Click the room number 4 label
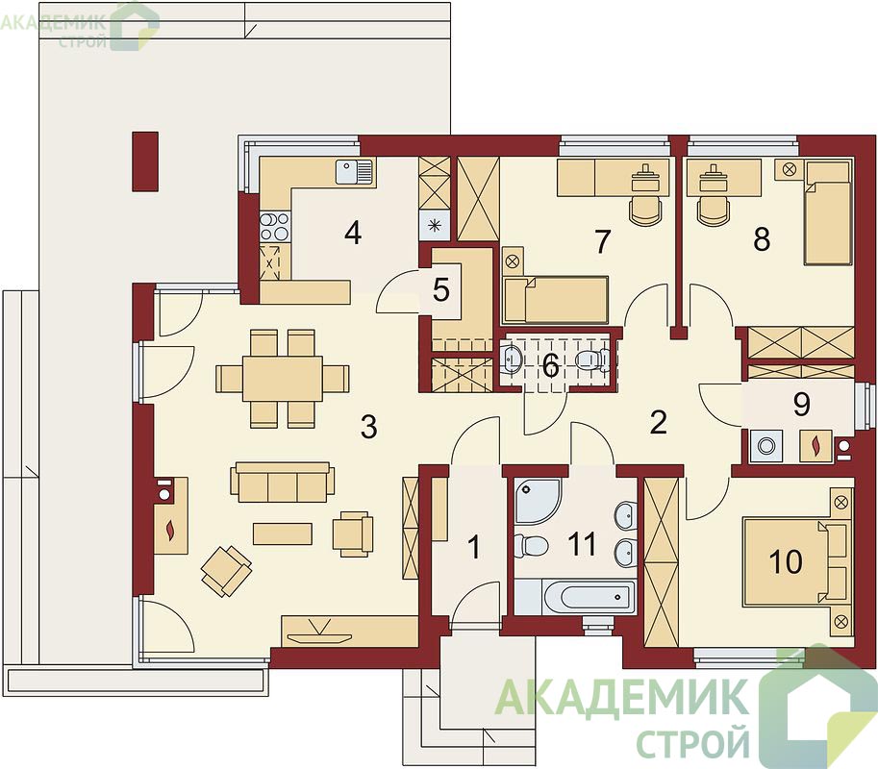353,233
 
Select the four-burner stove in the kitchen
274,227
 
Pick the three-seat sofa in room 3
282,482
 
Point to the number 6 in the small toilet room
551,366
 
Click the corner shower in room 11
537,501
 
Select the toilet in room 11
530,545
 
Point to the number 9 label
801,404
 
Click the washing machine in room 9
765,446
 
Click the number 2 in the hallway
658,422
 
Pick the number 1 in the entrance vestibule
474,547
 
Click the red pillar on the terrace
145,161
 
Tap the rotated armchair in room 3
226,571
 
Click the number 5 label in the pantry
441,290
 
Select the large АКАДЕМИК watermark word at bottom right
622,697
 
